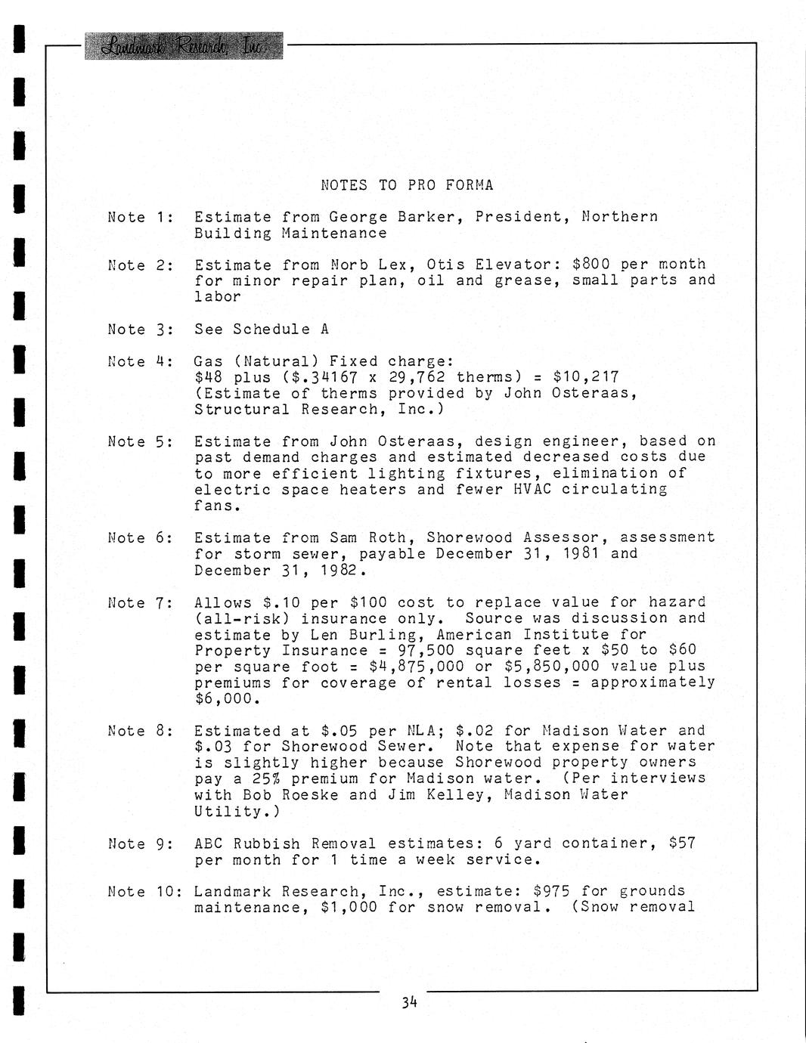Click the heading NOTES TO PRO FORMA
coord(407,185)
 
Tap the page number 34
coord(409,1002)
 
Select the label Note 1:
coord(141,217)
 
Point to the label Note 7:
coord(141,602)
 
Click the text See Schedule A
coord(262,329)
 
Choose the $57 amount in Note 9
coord(682,843)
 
